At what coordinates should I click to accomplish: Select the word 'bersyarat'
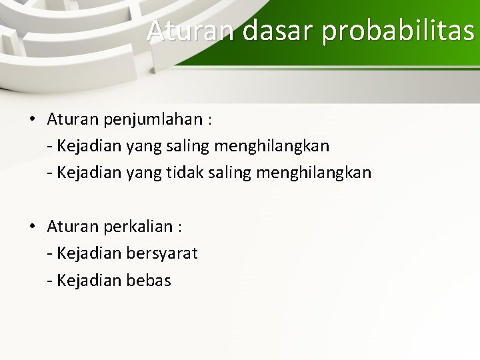tap(161, 253)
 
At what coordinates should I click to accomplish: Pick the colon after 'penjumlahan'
tap(210, 121)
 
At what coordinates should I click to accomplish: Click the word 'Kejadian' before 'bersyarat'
tap(88, 253)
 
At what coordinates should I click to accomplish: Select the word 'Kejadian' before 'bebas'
tap(88, 281)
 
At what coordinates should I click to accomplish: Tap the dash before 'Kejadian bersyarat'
tap(50, 254)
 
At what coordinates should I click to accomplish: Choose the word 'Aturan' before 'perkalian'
tap(73, 227)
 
